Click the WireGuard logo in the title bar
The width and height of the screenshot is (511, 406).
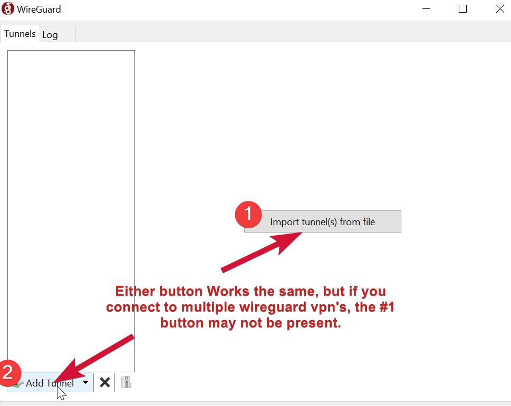point(8,9)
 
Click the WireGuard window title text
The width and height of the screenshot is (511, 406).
point(39,9)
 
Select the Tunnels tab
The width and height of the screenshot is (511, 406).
point(20,34)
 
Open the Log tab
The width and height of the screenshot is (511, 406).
point(50,35)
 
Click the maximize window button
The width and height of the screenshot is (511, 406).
point(462,9)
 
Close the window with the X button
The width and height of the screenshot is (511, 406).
point(500,9)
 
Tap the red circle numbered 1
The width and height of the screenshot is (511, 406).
point(248,215)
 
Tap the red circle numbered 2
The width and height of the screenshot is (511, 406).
point(9,372)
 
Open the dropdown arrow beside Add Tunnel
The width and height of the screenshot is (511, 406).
point(85,382)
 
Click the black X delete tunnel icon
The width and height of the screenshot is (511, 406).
point(105,382)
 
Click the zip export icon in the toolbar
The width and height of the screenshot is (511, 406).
point(126,382)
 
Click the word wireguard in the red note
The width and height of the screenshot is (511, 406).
point(278,307)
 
